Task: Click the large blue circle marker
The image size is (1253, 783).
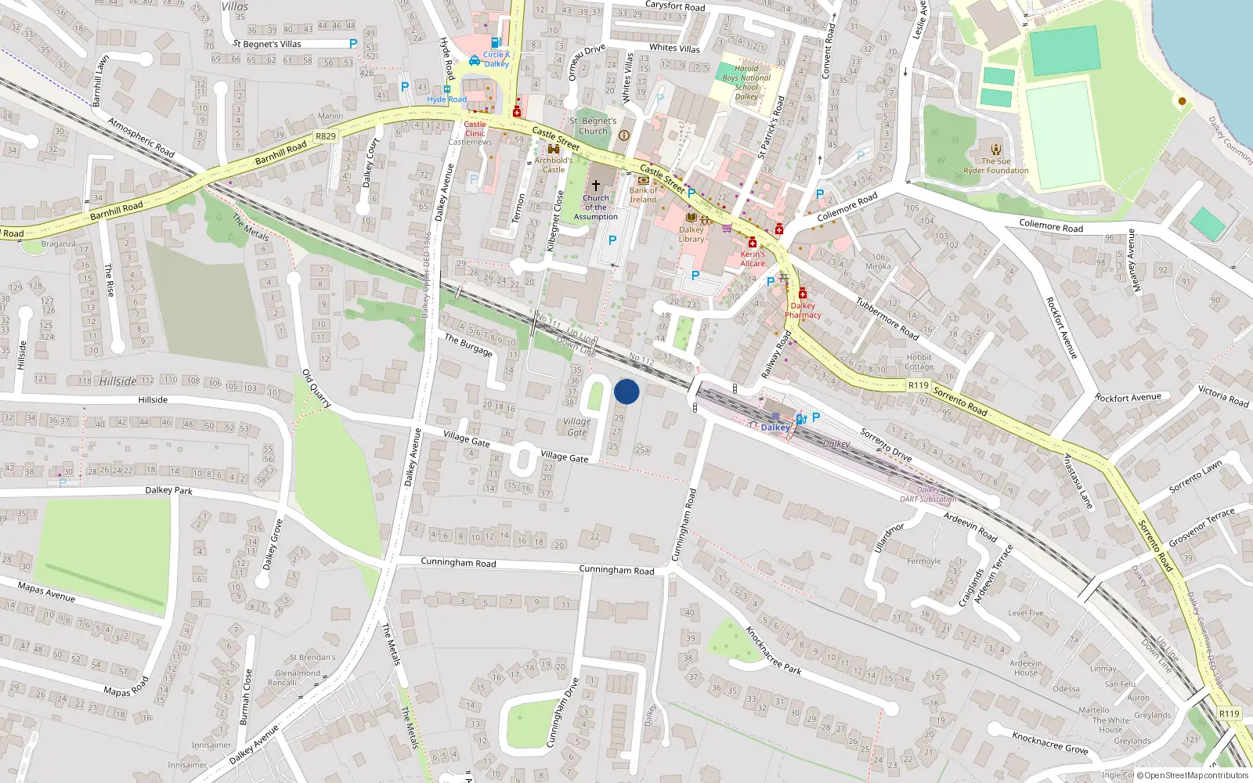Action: pos(626,391)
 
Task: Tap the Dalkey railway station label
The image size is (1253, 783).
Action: pos(775,428)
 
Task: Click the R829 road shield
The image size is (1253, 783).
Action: pos(326,136)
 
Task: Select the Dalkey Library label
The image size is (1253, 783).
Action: pos(691,234)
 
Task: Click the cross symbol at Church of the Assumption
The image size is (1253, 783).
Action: pos(596,186)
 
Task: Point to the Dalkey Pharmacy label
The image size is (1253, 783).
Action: pos(803,310)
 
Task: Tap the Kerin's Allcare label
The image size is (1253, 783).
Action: pos(753,258)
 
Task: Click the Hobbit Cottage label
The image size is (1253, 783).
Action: pos(919,362)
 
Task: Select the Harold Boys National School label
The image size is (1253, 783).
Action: pos(746,82)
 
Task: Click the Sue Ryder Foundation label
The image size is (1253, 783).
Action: pos(996,166)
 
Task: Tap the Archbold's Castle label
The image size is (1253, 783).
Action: pos(554,164)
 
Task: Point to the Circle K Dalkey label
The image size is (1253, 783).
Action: pos(496,59)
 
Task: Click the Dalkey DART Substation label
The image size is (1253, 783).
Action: pos(928,494)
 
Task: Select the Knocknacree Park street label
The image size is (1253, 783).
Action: pos(773,650)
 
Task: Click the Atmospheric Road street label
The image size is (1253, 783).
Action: pos(141,137)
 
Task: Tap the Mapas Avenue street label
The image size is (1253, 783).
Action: pos(46,592)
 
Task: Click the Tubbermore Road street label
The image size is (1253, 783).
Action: pos(886,319)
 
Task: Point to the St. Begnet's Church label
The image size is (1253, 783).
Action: pos(593,126)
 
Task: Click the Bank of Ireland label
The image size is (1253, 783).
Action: pos(644,194)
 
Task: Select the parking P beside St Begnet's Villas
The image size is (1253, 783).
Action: pos(353,45)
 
